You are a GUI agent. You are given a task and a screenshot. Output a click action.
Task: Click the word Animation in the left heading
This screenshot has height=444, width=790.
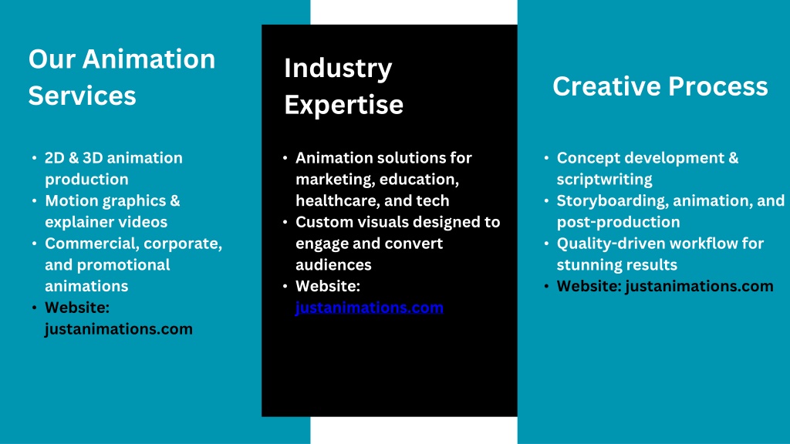click(x=149, y=59)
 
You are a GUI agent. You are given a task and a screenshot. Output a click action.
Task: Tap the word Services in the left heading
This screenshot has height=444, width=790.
click(x=82, y=96)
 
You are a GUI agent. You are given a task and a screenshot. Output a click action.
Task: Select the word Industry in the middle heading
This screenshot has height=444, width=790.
click(x=338, y=69)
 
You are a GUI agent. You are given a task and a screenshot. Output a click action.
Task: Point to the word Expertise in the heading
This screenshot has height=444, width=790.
click(x=343, y=105)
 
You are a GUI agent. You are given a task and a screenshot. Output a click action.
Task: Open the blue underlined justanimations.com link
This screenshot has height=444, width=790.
click(x=370, y=308)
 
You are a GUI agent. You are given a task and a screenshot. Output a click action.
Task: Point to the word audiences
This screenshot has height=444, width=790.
click(x=333, y=265)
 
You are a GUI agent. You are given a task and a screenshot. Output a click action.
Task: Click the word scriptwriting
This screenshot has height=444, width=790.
click(x=605, y=180)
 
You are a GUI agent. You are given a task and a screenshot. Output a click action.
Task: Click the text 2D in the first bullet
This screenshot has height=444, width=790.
click(x=55, y=158)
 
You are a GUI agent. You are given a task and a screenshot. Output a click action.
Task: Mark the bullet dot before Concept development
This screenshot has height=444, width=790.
click(x=547, y=158)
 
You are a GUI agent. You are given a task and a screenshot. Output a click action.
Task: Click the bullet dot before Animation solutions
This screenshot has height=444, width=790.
click(x=285, y=158)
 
